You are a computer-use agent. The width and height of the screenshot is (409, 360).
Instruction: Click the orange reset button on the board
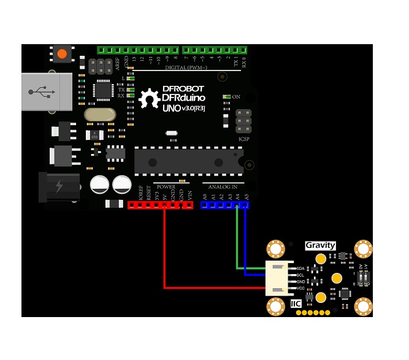(62, 54)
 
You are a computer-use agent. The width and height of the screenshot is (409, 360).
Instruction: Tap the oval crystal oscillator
(100, 114)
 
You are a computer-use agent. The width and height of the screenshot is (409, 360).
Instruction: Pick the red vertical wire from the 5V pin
(164, 245)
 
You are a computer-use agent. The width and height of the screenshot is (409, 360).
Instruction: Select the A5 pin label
(247, 197)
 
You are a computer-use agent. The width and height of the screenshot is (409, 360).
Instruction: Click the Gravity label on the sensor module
(321, 245)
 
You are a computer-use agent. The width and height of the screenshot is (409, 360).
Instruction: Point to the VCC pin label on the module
(300, 288)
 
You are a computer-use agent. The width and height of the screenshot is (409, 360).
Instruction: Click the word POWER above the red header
(166, 187)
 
